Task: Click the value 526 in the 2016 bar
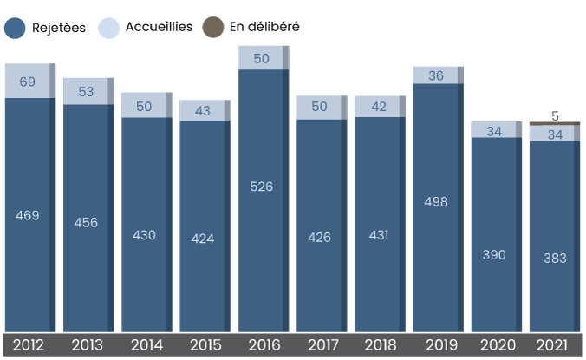point(261,186)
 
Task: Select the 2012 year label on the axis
point(28,345)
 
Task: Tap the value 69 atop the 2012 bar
point(28,82)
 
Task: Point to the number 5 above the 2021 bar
point(554,115)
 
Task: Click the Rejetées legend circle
point(15,28)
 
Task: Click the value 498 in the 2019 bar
point(436,201)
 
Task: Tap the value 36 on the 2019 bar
point(436,75)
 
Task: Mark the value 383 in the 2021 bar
point(554,259)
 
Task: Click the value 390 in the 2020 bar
point(495,255)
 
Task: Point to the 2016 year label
point(261,345)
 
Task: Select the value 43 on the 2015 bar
point(203,112)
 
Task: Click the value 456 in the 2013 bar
point(86,222)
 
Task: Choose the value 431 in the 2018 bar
point(378,235)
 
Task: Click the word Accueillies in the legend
point(159,28)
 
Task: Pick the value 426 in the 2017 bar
point(319,237)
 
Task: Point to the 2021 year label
point(554,345)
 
